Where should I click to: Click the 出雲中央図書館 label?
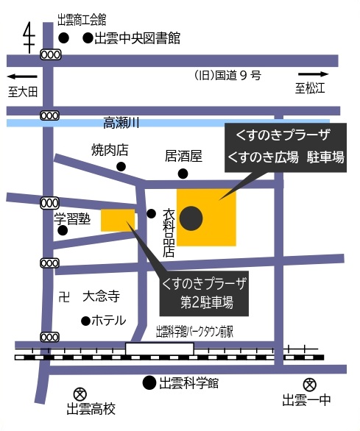(x=137, y=38)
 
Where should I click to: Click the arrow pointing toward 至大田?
(x=22, y=76)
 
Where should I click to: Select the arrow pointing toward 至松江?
(x=314, y=74)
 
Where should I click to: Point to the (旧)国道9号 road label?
(x=227, y=75)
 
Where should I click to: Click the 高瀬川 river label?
(x=121, y=122)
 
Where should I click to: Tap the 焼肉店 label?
(x=110, y=150)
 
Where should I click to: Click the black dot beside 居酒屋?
(x=183, y=174)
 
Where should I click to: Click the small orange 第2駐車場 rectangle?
(x=118, y=219)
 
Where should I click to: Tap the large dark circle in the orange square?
(x=192, y=218)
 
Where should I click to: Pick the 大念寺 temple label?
(x=101, y=296)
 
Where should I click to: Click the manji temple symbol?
(x=64, y=296)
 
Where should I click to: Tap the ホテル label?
(x=108, y=320)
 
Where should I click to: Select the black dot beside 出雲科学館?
(x=149, y=382)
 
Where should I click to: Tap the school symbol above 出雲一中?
(x=310, y=384)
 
